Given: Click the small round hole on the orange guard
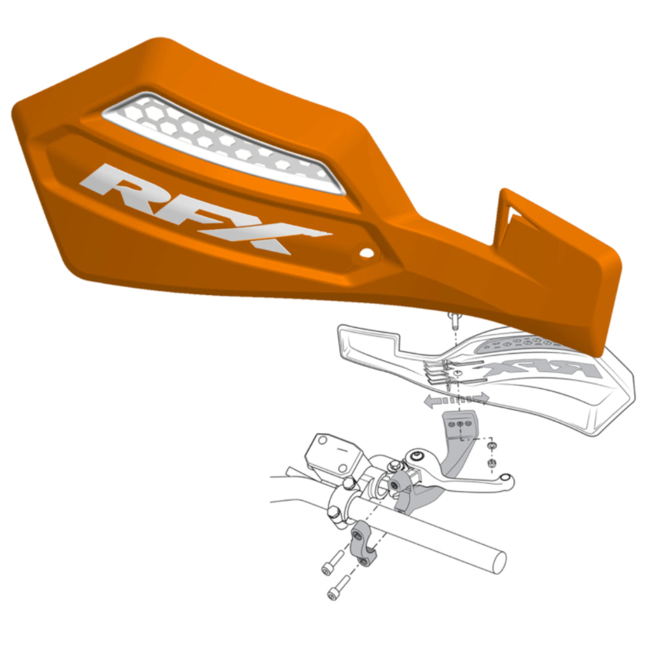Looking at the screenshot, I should coord(365,254).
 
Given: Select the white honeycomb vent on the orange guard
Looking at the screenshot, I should coord(224,142).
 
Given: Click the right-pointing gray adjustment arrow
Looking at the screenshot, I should coord(479,398).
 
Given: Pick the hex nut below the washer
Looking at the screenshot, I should coord(491,464).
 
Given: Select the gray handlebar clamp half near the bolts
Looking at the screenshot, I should coord(363,541).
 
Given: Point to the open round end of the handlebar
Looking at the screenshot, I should coord(496,561).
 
